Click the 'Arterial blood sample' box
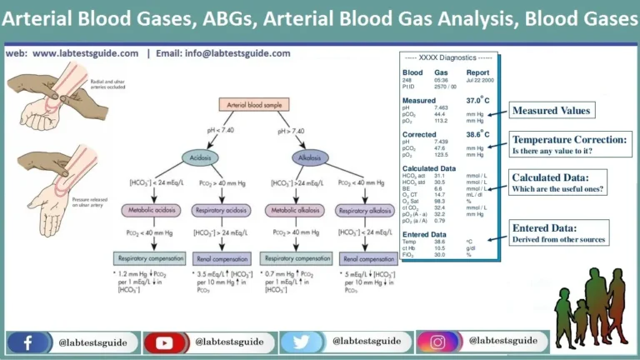[x=258, y=104]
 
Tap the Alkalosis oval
[x=309, y=156]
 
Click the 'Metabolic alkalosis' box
[x=296, y=209]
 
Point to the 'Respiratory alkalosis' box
[x=365, y=209]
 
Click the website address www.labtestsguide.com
[x=86, y=53]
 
